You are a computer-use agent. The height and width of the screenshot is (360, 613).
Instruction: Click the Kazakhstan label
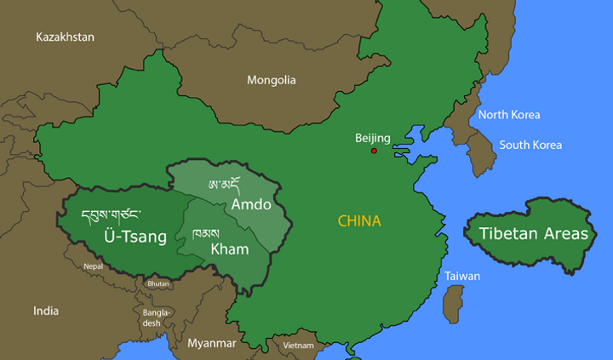65,37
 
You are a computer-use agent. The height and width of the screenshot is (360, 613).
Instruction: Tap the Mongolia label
272,80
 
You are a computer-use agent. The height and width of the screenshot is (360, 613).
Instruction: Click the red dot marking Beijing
374,151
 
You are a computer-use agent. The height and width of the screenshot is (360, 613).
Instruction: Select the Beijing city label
373,138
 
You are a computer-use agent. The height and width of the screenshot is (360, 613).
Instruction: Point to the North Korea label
509,115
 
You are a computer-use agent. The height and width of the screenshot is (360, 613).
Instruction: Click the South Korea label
530,145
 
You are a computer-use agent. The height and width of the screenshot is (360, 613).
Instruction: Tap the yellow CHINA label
359,221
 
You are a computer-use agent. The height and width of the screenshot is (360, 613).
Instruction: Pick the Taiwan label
462,277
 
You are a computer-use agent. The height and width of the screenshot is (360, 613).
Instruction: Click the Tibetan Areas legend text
533,233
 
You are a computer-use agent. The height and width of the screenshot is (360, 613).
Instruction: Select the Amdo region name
251,205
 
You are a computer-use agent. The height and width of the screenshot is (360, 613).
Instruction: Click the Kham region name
229,249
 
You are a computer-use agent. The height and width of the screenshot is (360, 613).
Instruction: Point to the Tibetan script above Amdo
224,186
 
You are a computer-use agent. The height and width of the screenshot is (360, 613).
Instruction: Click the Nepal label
93,266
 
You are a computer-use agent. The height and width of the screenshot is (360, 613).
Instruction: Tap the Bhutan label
158,283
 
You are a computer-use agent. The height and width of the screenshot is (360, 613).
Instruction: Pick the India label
46,311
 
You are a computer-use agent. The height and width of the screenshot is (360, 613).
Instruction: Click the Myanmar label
211,344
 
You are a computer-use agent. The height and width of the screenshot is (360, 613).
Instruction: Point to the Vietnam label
298,346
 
